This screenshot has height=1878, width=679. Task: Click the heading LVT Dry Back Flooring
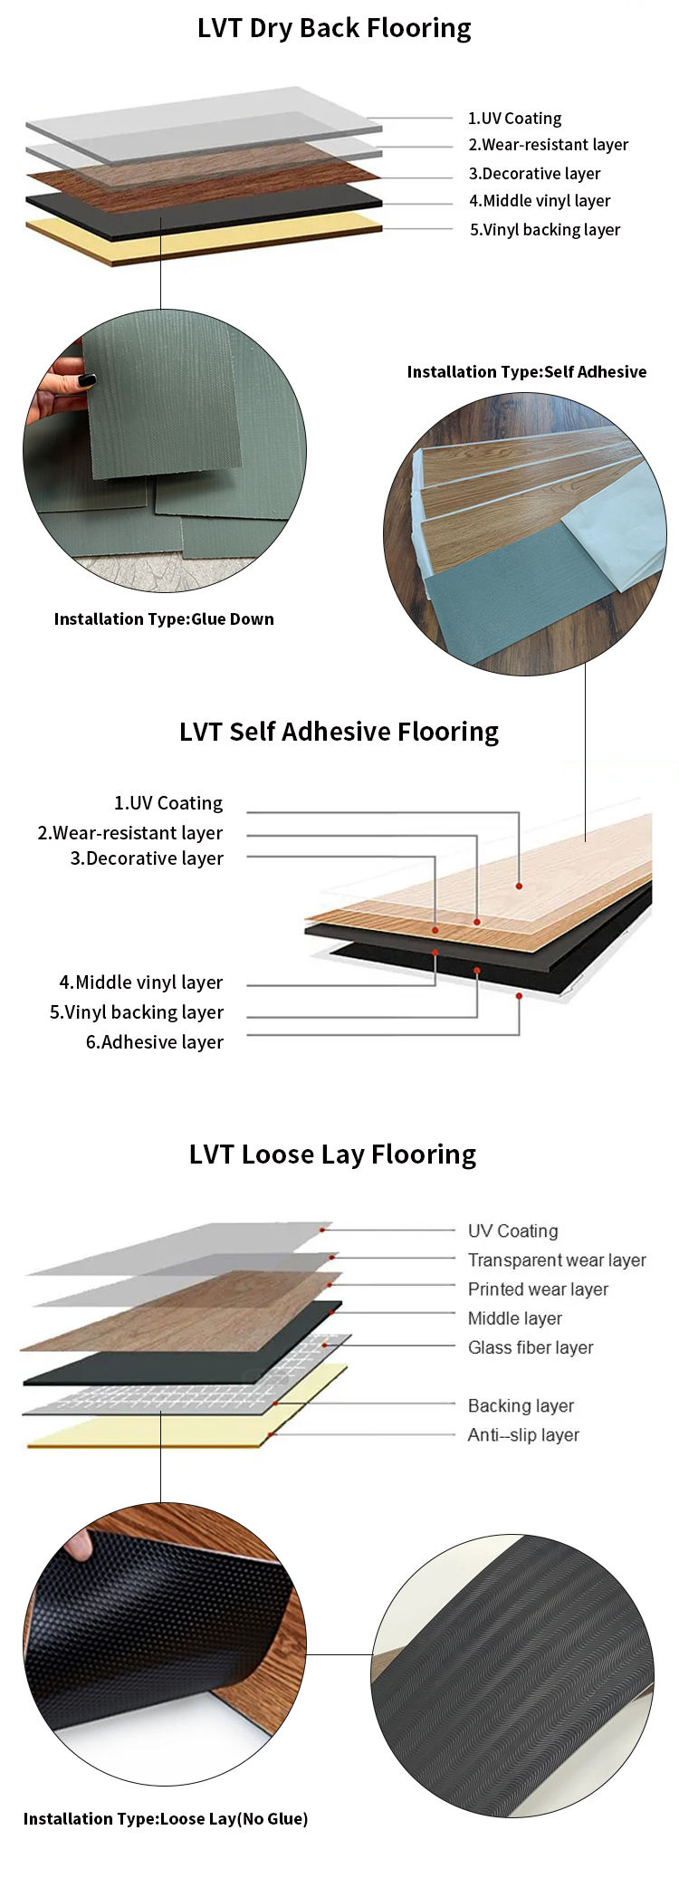[334, 29]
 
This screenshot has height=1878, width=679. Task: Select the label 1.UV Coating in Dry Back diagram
[514, 119]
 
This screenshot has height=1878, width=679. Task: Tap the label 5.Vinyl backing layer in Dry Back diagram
[544, 230]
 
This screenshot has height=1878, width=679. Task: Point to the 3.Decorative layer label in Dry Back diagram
[534, 174]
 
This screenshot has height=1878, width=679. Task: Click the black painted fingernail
[87, 380]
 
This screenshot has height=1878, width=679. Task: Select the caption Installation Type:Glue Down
[164, 619]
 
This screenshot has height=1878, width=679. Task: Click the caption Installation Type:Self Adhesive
[526, 372]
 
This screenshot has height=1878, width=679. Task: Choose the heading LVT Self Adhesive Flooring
[339, 732]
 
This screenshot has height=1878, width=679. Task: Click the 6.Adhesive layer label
[154, 1042]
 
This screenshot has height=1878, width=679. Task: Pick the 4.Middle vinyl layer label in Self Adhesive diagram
[140, 982]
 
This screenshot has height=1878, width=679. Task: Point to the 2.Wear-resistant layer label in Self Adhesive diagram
[129, 833]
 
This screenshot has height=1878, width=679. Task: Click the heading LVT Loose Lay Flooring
[332, 1155]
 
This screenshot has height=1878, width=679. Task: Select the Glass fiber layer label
[531, 1347]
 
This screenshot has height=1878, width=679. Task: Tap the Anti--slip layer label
[523, 1434]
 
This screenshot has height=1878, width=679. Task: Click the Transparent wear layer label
[557, 1260]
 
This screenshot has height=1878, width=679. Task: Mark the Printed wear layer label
[538, 1289]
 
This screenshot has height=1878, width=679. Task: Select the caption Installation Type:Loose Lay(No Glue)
[166, 1818]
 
